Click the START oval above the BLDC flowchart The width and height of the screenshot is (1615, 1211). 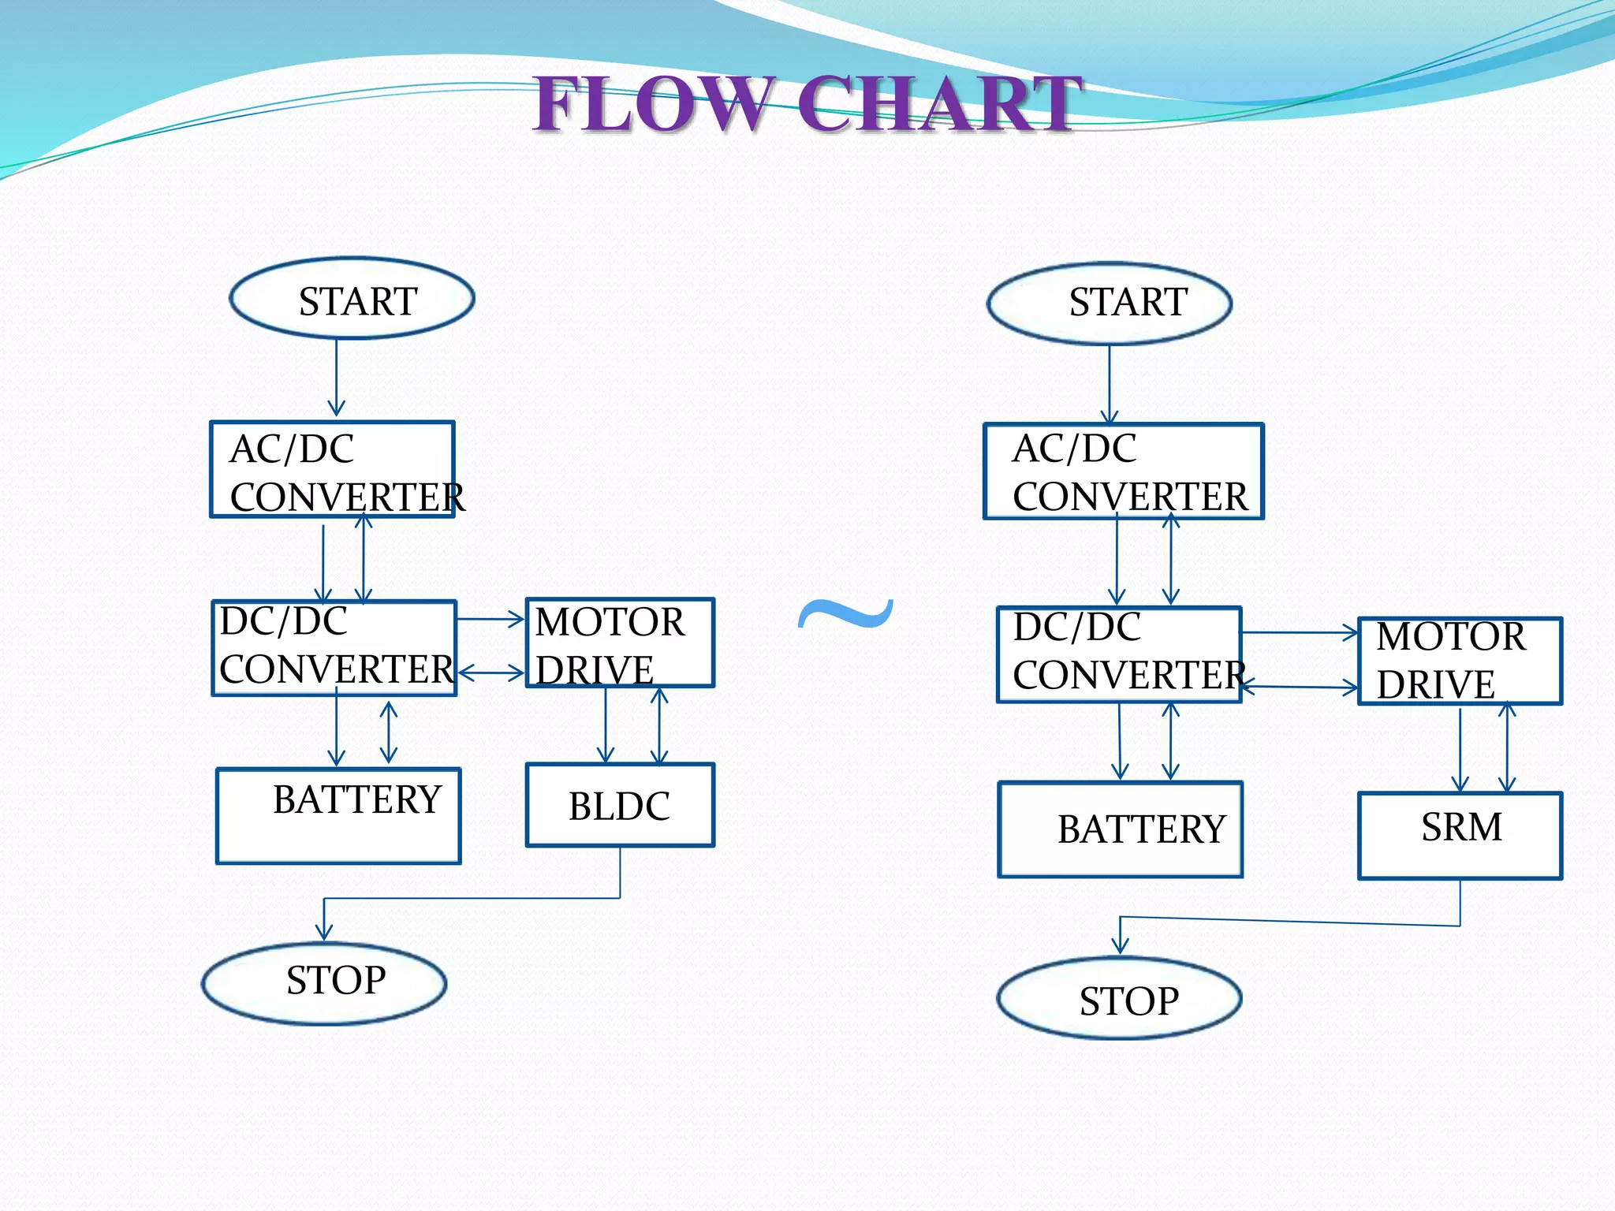pos(352,299)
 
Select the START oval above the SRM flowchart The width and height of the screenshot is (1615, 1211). pos(1109,304)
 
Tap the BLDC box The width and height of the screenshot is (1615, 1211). pos(620,805)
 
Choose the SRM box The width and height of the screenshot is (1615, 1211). pos(1460,835)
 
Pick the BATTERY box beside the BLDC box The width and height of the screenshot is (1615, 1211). pos(338,815)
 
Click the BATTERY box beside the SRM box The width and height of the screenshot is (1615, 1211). pos(1120,829)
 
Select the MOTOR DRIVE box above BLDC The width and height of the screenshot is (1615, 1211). pos(620,643)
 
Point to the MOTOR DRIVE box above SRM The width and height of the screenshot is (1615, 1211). pos(1460,661)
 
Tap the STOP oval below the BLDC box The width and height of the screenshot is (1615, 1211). pos(324,983)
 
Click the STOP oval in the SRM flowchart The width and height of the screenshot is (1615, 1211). pos(1119,998)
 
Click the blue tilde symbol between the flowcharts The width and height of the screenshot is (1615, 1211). pos(845,614)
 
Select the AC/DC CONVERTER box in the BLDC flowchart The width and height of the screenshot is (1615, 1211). pos(332,469)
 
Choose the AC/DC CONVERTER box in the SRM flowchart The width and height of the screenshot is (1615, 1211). pos(1123,471)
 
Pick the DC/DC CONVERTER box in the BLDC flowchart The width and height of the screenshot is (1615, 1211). pos(334,648)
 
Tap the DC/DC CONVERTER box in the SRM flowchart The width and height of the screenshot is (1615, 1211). pos(1119,654)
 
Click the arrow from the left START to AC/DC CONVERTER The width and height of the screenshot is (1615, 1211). pos(337,377)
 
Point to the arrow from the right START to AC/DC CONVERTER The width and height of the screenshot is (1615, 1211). pos(1110,383)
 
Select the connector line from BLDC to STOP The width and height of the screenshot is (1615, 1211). pos(473,898)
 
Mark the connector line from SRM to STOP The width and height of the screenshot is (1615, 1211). pos(1293,921)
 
